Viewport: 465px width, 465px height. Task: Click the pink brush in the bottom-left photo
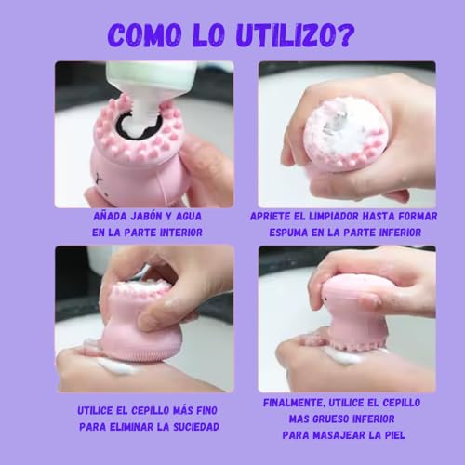(x=139, y=316)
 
